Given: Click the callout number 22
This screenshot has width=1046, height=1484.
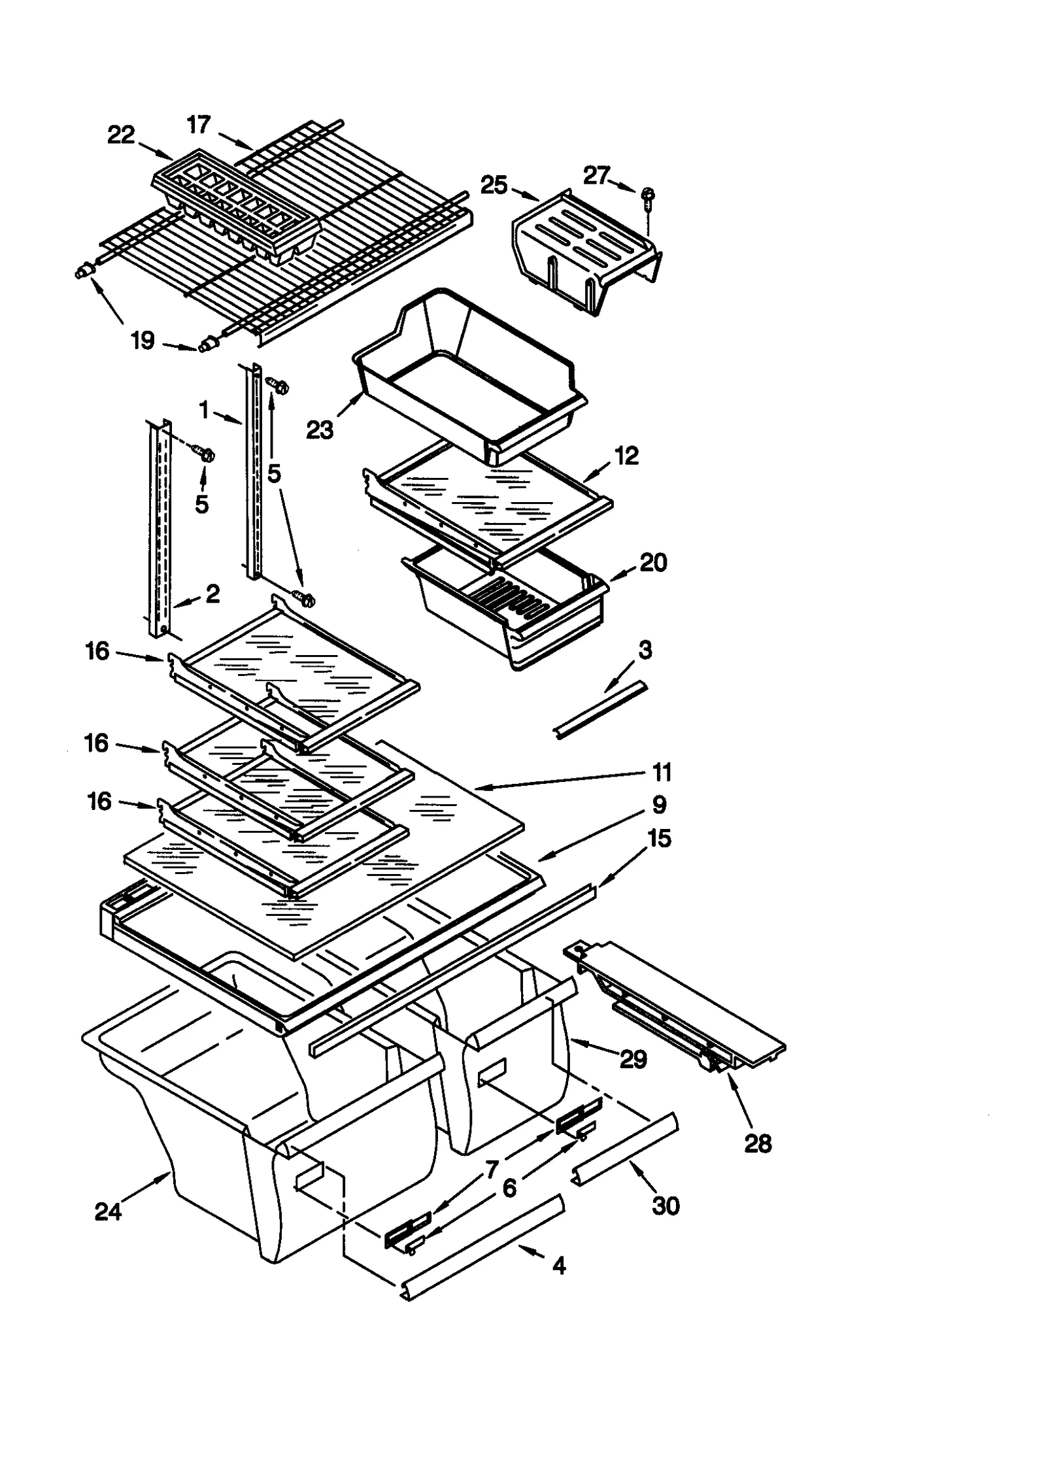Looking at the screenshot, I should tap(121, 135).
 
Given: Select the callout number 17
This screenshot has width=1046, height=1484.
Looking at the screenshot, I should tap(199, 124).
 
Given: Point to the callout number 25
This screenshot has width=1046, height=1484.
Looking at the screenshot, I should tap(494, 185).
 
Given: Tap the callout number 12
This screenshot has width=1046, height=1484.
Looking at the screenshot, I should tap(626, 456).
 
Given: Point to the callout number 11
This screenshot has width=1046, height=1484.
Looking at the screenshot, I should tap(662, 772).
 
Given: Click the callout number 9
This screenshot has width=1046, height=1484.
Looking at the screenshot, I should tap(659, 804).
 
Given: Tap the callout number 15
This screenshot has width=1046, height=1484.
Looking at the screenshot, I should tap(659, 838).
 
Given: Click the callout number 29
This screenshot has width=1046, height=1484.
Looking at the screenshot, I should tap(633, 1058).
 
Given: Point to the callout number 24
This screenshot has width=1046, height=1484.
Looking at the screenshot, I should tap(108, 1211).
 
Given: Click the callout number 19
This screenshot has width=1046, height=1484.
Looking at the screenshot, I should tap(142, 340).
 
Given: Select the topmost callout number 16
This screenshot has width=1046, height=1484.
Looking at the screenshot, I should tap(97, 651).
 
